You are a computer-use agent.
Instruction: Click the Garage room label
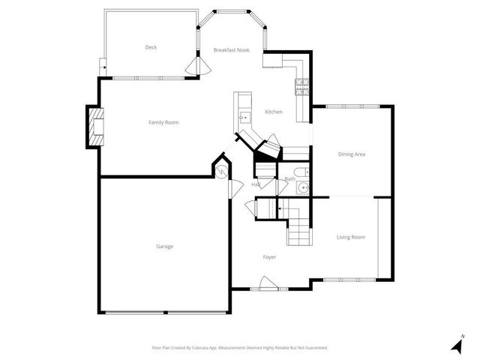[x=164, y=247]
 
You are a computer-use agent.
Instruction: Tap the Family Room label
[x=163, y=122]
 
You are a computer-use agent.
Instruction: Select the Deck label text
[x=151, y=47]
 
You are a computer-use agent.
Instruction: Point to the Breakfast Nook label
[x=231, y=50]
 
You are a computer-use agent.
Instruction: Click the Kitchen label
[x=274, y=112]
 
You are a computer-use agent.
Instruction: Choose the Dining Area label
[x=351, y=154]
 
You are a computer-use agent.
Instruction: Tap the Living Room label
[x=351, y=237]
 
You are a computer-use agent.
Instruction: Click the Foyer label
[x=269, y=257]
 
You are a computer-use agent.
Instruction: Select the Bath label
[x=289, y=179]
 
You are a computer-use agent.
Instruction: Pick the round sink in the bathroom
[x=301, y=187]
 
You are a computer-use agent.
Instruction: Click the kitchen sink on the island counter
[x=244, y=117]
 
